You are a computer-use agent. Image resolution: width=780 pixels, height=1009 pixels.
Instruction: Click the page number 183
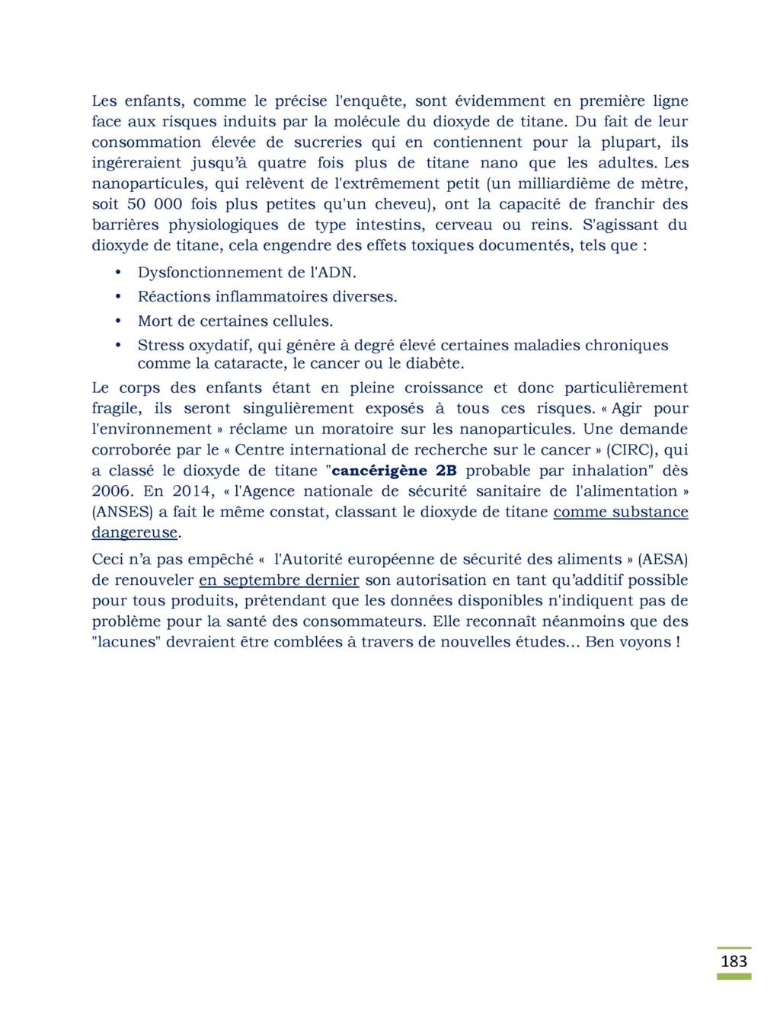(x=734, y=961)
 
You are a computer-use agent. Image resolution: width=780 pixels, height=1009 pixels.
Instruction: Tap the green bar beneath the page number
(x=734, y=976)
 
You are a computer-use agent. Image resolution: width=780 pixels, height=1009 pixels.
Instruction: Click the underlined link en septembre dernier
(x=279, y=580)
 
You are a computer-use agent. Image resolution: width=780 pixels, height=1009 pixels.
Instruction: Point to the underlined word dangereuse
(x=134, y=532)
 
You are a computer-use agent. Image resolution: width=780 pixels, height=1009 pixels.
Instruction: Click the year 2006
(x=112, y=491)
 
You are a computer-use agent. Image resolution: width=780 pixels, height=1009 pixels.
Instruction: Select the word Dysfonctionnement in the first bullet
(x=204, y=273)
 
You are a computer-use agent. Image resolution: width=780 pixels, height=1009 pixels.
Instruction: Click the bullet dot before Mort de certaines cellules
(x=118, y=321)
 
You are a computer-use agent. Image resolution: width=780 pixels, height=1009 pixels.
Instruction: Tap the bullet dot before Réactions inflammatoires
(x=118, y=296)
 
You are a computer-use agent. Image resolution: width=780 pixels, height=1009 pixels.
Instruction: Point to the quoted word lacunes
(x=124, y=642)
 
